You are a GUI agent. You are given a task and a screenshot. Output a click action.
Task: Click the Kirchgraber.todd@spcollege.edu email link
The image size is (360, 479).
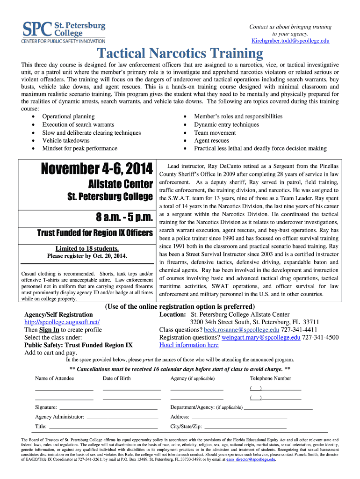tap(290, 41)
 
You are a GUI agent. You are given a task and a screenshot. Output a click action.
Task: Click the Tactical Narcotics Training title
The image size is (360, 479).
tap(179, 53)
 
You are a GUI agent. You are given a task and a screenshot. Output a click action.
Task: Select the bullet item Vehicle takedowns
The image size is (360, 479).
tap(65, 140)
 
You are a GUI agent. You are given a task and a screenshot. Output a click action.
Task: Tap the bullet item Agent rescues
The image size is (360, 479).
tap(211, 140)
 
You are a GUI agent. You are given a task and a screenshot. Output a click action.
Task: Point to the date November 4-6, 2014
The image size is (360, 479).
tap(97, 168)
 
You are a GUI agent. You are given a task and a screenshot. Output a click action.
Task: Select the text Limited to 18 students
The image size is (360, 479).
tap(87, 248)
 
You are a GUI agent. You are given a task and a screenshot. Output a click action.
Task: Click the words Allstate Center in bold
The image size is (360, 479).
tap(121, 183)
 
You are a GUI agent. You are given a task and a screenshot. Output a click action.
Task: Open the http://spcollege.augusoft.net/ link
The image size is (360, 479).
tap(62, 322)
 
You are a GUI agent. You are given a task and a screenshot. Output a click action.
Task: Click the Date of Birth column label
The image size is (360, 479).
tap(117, 378)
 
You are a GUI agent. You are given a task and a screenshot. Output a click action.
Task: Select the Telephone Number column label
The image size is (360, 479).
tap(270, 378)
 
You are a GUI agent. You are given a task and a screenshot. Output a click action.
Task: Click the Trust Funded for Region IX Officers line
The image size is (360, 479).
tap(95, 233)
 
